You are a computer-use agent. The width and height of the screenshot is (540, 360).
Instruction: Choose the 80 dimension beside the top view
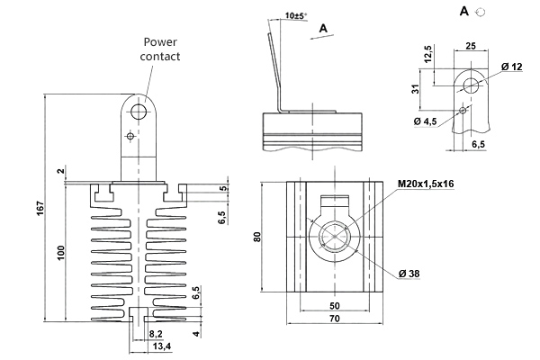pos(256,238)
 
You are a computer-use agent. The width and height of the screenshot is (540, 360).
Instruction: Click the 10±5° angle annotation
pos(293,15)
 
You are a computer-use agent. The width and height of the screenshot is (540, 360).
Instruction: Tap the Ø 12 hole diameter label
pos(511,67)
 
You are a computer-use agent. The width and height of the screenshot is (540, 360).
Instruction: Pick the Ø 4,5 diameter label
pos(426,121)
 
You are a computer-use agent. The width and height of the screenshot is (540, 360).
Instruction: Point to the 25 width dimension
pos(470,43)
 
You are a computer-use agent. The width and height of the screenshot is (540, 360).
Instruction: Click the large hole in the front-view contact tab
pos(139,110)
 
